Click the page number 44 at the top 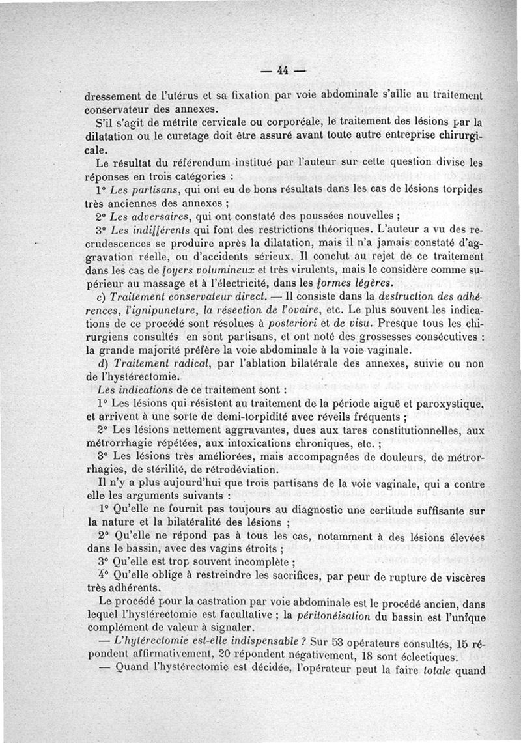(283, 70)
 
